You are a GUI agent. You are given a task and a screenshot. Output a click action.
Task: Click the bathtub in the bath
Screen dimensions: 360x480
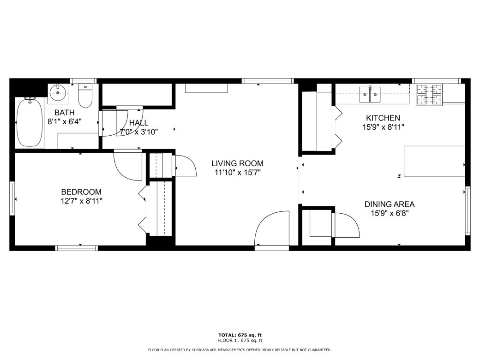coord(30,123)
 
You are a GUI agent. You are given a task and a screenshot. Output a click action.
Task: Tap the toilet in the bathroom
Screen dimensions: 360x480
coord(85,96)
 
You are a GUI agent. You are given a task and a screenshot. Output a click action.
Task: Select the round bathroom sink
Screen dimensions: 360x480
coord(59,93)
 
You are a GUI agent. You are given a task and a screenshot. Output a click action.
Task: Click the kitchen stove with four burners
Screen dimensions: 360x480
coord(429,95)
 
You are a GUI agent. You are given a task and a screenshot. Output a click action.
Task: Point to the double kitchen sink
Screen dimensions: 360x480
coord(370,95)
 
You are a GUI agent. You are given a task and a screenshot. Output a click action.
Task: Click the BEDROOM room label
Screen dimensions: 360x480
coord(81,192)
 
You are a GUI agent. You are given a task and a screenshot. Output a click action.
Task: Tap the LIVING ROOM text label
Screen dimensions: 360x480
coord(237,163)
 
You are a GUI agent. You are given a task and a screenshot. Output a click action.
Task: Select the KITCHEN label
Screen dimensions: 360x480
coord(383,118)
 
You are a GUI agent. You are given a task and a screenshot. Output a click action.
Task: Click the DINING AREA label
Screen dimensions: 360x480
coord(390,204)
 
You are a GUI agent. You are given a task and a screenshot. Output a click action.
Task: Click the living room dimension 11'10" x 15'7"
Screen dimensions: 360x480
coord(237,173)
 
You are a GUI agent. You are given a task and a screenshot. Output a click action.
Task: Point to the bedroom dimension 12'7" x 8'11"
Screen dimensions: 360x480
coord(81,201)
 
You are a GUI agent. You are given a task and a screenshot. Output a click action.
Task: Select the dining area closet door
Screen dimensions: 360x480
coord(346,224)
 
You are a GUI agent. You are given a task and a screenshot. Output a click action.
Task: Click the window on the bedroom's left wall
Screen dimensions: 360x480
coord(12,198)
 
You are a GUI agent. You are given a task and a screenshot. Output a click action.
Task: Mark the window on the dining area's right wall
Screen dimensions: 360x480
coord(467,210)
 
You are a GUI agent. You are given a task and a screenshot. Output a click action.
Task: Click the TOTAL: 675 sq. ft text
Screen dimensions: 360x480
coord(240,335)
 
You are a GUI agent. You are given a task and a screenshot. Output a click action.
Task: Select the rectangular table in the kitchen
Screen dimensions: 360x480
coord(434,161)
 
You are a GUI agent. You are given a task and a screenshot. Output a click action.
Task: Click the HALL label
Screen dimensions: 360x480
coord(138,123)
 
